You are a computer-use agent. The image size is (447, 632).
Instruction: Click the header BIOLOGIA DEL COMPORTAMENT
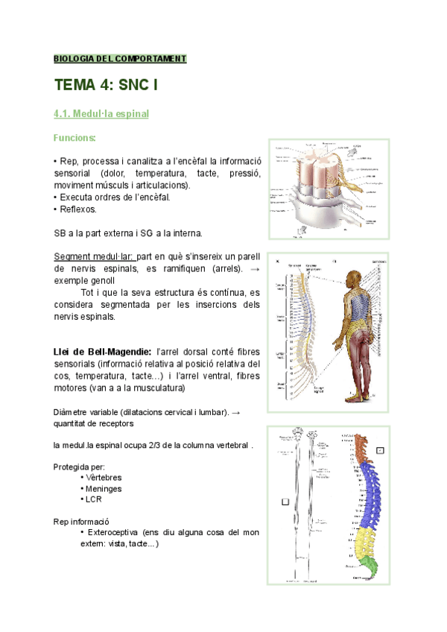(120, 58)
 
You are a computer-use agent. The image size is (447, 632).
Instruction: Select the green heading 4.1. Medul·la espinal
(101, 114)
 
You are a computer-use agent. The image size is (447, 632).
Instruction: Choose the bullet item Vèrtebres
(104, 477)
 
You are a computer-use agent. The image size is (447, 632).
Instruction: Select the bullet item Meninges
(104, 488)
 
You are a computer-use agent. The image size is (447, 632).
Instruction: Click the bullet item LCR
(94, 499)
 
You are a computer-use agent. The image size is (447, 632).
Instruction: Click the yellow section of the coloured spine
(367, 548)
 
